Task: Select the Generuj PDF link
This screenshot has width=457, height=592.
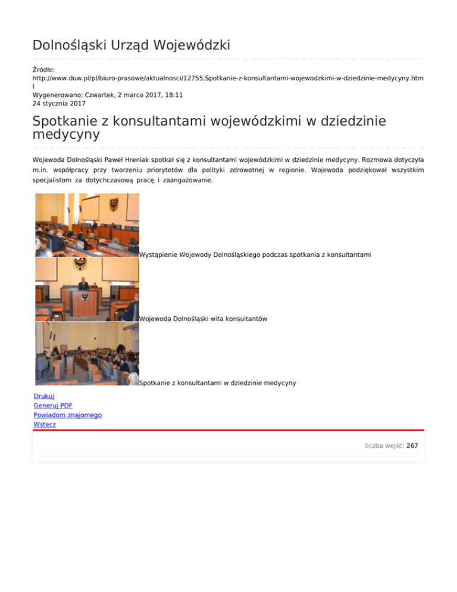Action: pos(53,405)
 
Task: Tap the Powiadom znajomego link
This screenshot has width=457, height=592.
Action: pos(67,415)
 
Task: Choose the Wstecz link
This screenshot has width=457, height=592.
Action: pos(45,424)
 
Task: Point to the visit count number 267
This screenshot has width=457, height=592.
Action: pos(412,445)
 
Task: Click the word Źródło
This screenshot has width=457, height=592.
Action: pos(43,70)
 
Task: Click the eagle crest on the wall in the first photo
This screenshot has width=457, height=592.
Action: pos(113,206)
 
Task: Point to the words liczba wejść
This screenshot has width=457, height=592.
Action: pos(384,445)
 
